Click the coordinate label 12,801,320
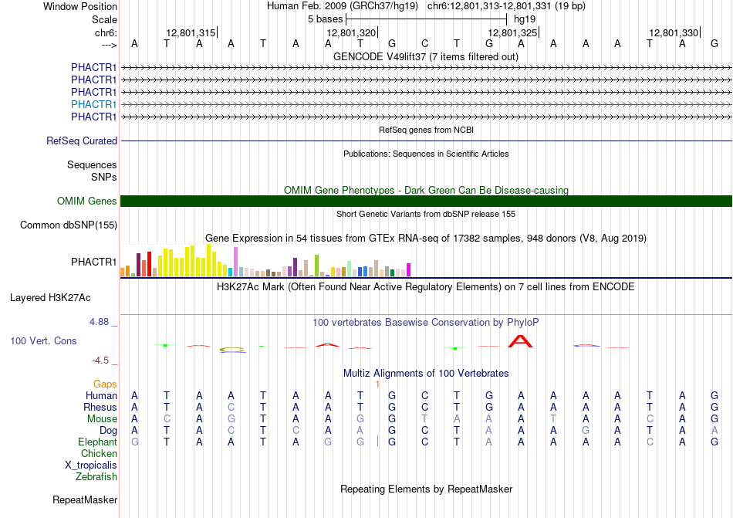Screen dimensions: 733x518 351,32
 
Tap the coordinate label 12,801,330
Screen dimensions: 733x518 674,32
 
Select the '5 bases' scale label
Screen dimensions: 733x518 325,19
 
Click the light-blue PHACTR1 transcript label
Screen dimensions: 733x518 93,104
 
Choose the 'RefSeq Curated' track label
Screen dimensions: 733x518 82,141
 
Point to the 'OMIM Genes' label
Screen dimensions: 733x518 87,201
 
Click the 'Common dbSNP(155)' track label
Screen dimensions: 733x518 69,225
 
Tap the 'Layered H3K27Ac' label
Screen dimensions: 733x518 50,298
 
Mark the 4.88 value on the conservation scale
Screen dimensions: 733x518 99,322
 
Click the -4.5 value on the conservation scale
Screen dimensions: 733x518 100,360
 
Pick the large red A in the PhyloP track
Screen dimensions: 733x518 520,341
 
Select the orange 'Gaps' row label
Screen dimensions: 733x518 105,384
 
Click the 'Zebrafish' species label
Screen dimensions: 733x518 96,477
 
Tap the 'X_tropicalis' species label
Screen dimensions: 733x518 91,466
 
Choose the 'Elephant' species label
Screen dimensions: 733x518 97,442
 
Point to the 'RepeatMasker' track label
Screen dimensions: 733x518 85,499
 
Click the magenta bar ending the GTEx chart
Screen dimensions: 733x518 409,270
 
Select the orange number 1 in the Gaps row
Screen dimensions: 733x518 377,384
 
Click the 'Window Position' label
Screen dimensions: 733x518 80,6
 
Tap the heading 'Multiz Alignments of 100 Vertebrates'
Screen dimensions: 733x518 426,373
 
